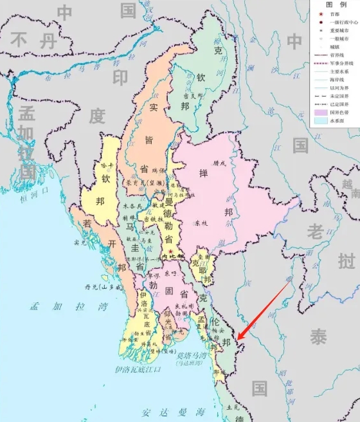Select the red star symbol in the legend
[x=318, y=12]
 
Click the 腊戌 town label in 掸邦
[x=220, y=163]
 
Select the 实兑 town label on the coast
[x=80, y=243]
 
